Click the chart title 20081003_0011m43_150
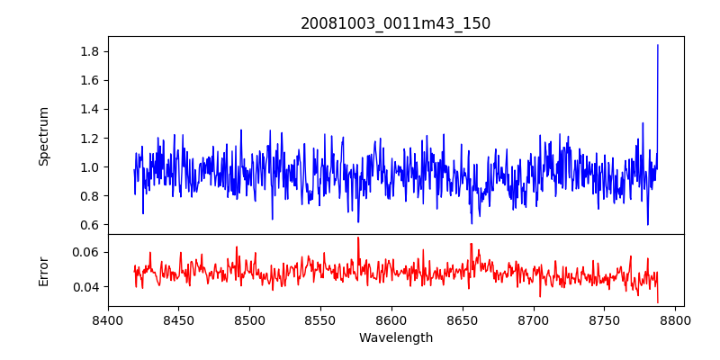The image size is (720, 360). pos(395,23)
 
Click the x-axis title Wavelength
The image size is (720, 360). pos(395,338)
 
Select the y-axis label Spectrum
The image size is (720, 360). pos(44,136)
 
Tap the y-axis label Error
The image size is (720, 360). pos(44,271)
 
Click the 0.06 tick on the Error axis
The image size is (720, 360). pos(86,252)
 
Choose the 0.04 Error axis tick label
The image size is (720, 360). pos(86,287)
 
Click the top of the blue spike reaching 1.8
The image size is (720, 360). pos(658,45)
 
